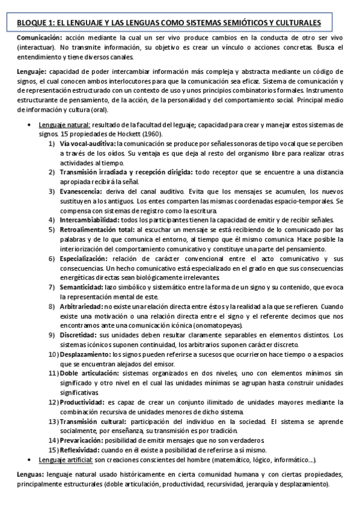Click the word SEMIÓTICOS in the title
[x=234, y=23]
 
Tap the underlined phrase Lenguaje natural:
[x=65, y=124]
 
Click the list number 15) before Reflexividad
[x=53, y=450]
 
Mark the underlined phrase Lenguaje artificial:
[x=66, y=459]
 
